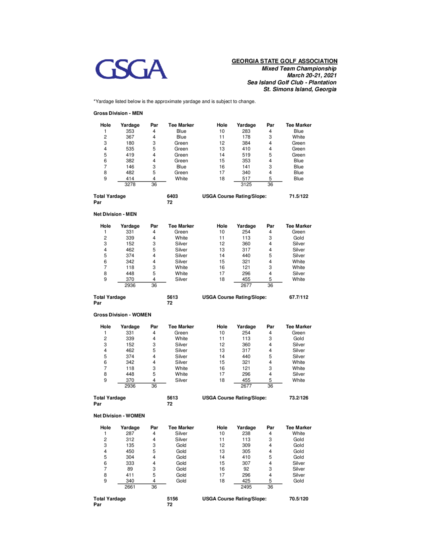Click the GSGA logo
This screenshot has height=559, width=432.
(131, 69)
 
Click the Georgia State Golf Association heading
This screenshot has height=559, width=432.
(284, 61)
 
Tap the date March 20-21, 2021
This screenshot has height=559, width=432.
(311, 75)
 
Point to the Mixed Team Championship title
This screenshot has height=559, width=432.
(299, 69)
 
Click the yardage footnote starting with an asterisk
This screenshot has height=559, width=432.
(175, 102)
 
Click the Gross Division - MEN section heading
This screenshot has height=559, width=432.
(118, 113)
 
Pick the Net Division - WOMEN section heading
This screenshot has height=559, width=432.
(119, 416)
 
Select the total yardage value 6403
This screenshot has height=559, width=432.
(172, 196)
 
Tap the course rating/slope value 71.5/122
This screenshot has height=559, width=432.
(299, 196)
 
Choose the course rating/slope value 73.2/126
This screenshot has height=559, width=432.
(299, 398)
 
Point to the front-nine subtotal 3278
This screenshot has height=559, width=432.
(130, 184)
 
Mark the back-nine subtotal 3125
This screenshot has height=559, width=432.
(246, 184)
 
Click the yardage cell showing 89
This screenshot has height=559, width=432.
(130, 469)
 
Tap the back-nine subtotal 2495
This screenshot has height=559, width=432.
(246, 487)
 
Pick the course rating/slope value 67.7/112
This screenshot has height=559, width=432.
(299, 297)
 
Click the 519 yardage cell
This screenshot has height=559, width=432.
(246, 155)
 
